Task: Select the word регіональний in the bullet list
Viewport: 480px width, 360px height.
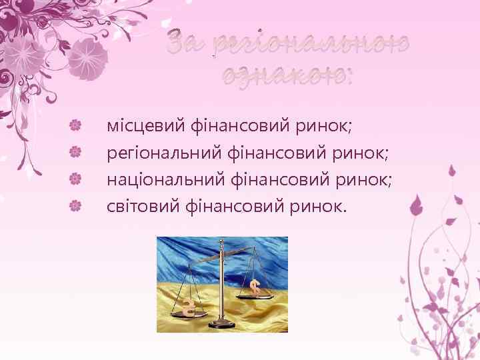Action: (155, 153)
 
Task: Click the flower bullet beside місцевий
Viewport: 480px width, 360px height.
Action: (76, 124)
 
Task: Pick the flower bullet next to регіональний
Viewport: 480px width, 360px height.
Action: (76, 152)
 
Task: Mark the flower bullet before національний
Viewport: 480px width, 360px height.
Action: (76, 179)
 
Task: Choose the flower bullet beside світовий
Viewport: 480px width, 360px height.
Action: (76, 206)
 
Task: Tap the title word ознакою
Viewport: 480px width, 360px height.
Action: (287, 74)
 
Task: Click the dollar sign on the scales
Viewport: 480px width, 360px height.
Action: (255, 287)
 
